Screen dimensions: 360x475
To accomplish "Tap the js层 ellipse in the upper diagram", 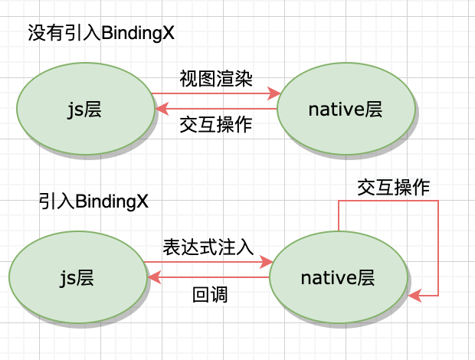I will (84, 109).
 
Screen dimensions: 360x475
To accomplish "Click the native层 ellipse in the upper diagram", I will (346, 110).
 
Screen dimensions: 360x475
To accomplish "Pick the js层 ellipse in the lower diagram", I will (77, 277).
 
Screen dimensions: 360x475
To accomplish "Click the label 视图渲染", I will (216, 79).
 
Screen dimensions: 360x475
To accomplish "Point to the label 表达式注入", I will (208, 247).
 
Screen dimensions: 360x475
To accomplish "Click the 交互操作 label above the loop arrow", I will (393, 188).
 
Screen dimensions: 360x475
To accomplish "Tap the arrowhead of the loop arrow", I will (414, 294).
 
